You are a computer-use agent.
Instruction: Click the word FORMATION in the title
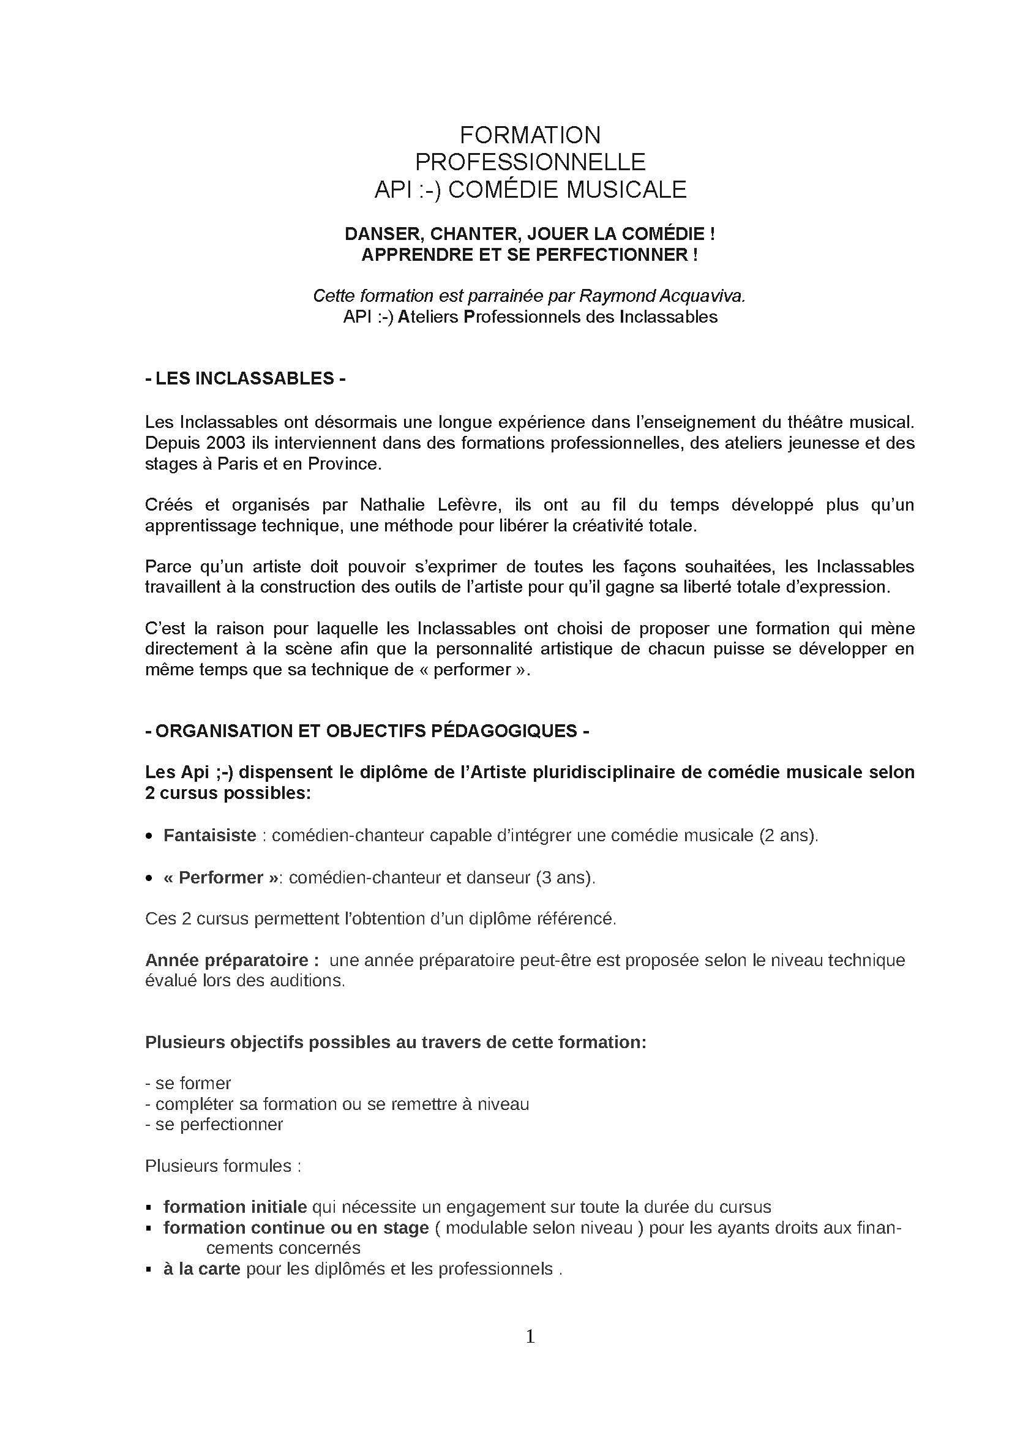tap(530, 135)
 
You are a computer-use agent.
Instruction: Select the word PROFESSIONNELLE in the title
tap(530, 162)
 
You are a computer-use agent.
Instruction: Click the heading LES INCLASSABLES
tap(245, 378)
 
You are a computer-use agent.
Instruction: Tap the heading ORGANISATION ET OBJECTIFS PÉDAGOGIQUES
tap(367, 731)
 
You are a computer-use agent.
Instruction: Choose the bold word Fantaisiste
tap(209, 835)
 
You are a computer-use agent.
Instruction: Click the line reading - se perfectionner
tap(214, 1124)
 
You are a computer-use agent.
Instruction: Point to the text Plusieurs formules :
tap(223, 1166)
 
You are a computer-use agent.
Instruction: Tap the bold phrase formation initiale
tap(235, 1207)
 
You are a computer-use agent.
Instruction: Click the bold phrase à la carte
tap(202, 1269)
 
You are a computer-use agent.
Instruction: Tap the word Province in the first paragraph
tap(343, 464)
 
